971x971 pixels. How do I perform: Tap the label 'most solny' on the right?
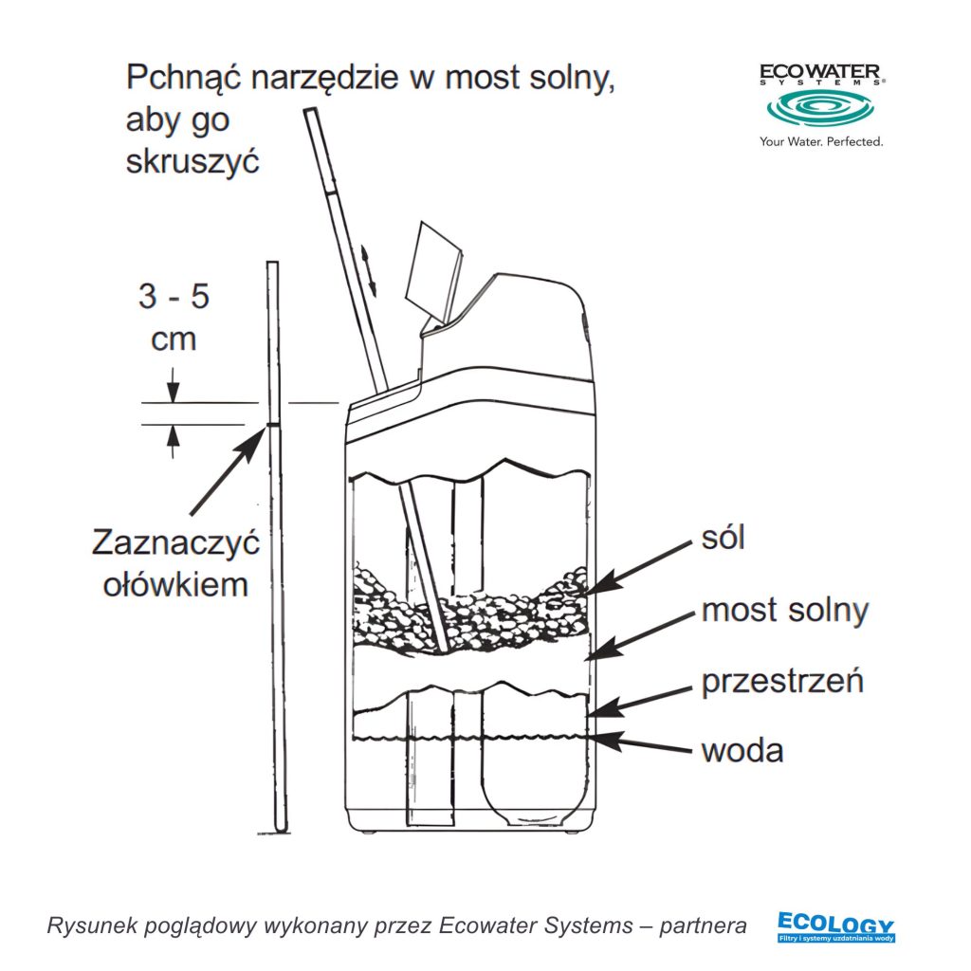tap(784, 610)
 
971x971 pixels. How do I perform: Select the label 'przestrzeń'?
tap(782, 682)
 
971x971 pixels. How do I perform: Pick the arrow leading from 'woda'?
tap(640, 742)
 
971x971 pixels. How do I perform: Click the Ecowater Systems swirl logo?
tap(821, 110)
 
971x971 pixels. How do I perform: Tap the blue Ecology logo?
tap(834, 926)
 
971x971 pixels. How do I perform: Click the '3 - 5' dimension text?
tap(174, 297)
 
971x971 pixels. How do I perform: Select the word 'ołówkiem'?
tap(174, 584)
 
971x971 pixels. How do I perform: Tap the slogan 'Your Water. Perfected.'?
tap(821, 142)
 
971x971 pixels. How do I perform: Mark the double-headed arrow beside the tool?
tap(370, 267)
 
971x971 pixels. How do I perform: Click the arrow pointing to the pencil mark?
tap(226, 470)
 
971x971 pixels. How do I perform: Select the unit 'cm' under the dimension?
tap(174, 339)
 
